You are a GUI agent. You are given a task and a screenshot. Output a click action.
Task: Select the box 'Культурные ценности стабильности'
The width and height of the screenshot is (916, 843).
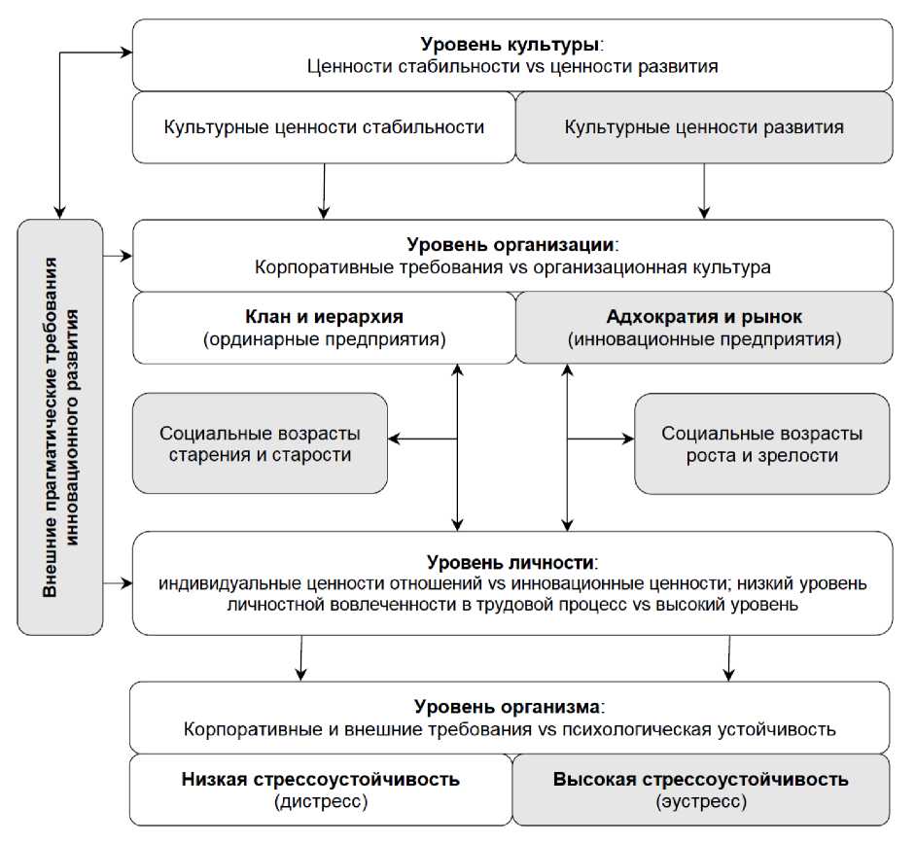[324, 127]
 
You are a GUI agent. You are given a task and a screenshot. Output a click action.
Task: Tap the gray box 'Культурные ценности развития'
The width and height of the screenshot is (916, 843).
[703, 127]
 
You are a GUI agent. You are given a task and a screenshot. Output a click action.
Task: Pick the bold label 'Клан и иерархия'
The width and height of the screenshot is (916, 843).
[324, 317]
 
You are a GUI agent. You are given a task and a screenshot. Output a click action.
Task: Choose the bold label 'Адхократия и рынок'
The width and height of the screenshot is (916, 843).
[703, 317]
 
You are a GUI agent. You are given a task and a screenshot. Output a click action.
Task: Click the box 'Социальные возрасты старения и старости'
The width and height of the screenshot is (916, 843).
[259, 443]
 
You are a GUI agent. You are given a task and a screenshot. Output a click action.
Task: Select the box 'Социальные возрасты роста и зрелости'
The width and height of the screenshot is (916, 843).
[761, 443]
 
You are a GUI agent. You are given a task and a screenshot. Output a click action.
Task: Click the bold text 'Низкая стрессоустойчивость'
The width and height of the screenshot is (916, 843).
[320, 780]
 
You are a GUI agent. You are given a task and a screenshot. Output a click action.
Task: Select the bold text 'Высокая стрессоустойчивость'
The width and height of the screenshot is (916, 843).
[700, 780]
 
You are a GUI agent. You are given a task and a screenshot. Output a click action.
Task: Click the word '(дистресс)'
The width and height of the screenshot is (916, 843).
[320, 802]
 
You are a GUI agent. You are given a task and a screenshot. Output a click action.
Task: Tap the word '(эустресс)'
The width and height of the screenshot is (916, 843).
[700, 802]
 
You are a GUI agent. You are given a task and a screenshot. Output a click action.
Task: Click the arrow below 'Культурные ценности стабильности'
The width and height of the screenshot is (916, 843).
[323, 191]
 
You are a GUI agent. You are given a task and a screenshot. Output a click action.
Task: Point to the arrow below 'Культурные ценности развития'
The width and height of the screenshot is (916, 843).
[703, 191]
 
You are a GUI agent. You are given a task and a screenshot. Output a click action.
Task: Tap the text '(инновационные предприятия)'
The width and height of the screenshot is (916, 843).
[703, 340]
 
